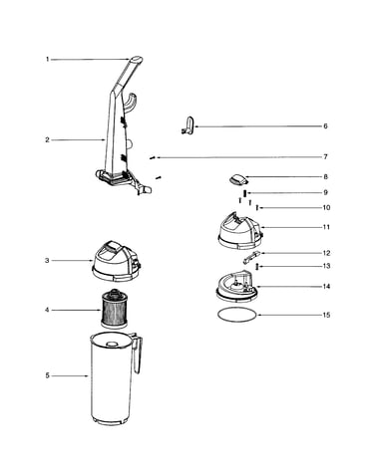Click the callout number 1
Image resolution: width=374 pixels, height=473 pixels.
pyautogui.click(x=47, y=60)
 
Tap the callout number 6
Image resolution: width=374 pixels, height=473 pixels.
pyautogui.click(x=325, y=126)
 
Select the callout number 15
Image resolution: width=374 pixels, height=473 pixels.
pyautogui.click(x=326, y=315)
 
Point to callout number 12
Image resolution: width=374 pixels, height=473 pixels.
pyautogui.click(x=326, y=253)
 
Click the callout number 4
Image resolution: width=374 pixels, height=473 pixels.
pyautogui.click(x=47, y=310)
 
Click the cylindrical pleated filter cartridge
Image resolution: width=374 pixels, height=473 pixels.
pyautogui.click(x=114, y=309)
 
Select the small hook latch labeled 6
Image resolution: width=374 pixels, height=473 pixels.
pyautogui.click(x=188, y=125)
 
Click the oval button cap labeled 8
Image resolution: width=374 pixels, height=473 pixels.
pyautogui.click(x=238, y=179)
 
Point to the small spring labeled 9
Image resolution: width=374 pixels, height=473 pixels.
pyautogui.click(x=244, y=193)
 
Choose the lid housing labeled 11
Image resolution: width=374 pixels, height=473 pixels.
pyautogui.click(x=240, y=230)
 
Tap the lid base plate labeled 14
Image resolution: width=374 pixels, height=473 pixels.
pyautogui.click(x=236, y=287)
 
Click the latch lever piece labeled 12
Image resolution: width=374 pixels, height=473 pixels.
pyautogui.click(x=251, y=257)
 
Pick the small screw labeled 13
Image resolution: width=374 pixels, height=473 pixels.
pyautogui.click(x=256, y=266)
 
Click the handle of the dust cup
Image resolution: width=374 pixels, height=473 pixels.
pyautogui.click(x=139, y=354)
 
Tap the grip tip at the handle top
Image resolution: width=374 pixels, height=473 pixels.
pyautogui.click(x=136, y=60)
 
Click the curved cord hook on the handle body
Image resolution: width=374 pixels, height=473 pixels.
pyautogui.click(x=132, y=103)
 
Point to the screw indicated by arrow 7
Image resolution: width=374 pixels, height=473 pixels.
pyautogui.click(x=153, y=158)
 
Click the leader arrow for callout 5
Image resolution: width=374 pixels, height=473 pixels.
pyautogui.click(x=70, y=375)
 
